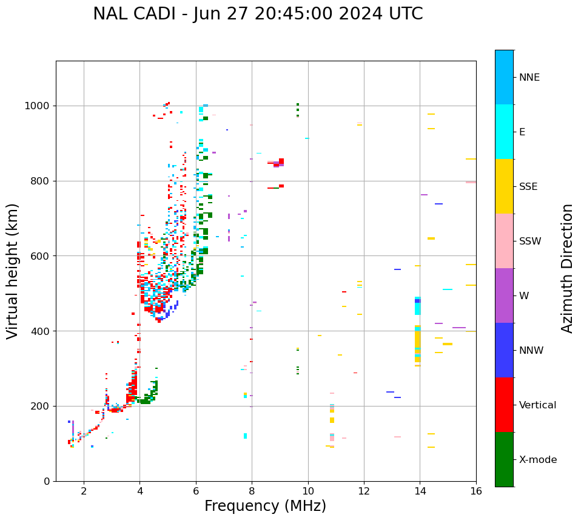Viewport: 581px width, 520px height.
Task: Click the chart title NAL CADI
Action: coord(258,14)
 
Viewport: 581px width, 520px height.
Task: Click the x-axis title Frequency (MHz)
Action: coord(265,506)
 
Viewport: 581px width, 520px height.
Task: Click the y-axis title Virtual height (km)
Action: coord(13,271)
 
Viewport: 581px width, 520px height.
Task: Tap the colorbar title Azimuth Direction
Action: coord(567,268)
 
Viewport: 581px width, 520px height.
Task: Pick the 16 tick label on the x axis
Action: coord(476,491)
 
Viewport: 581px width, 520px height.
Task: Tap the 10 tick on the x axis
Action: coord(308,491)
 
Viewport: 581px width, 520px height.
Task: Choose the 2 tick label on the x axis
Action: coord(84,491)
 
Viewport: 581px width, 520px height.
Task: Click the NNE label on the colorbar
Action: coord(529,78)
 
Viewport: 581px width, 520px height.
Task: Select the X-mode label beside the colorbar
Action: coord(537,460)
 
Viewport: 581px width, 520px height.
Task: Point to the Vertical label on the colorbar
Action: coord(537,405)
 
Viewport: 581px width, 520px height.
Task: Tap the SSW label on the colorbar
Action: coord(530,241)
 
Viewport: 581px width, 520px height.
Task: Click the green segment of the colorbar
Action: coord(504,459)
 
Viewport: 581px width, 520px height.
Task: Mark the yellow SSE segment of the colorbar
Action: coord(504,186)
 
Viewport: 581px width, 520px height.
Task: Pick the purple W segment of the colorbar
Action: coord(504,295)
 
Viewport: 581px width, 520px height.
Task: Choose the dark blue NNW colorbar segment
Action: coord(504,350)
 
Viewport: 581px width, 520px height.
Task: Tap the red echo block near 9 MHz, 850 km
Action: coord(281,161)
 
